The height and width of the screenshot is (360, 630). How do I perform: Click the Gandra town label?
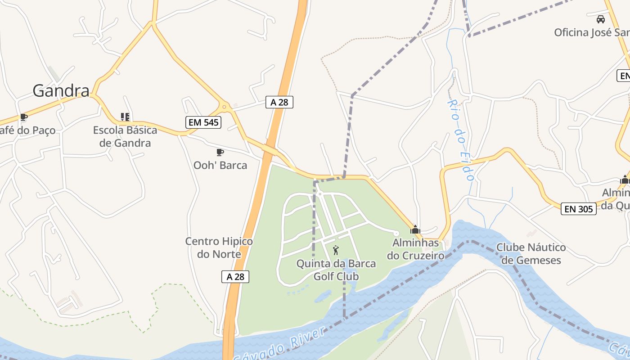tap(61, 91)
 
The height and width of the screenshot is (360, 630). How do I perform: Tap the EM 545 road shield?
tap(203, 122)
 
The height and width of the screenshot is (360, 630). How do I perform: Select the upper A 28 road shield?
tap(279, 102)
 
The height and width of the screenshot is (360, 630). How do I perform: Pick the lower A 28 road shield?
tap(235, 276)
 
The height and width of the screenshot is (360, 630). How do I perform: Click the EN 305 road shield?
tap(578, 208)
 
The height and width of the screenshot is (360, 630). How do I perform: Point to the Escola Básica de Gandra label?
tap(125, 136)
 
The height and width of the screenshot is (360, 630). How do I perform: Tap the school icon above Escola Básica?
tap(125, 117)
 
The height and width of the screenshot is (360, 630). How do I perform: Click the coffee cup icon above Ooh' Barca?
tap(220, 153)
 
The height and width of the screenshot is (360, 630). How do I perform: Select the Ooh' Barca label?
tap(220, 165)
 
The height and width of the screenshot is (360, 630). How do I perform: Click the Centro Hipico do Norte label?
tap(219, 247)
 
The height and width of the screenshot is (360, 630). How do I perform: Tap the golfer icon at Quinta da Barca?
tap(336, 250)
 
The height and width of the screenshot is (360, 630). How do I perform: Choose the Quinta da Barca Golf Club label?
tap(336, 270)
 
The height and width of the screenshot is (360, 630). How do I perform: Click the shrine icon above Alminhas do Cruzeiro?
tap(415, 229)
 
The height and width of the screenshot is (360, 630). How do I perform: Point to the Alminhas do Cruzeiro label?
tap(415, 249)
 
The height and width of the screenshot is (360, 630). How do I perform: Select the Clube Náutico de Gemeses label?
tap(531, 253)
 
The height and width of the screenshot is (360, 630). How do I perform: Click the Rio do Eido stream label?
tap(460, 140)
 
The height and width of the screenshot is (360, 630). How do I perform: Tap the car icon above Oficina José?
tap(601, 19)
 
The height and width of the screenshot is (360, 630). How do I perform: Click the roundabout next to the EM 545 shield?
tap(224, 107)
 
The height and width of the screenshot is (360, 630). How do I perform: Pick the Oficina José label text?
tap(591, 32)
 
